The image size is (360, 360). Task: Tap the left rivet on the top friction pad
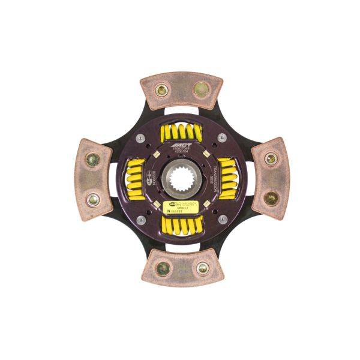(x=160, y=91)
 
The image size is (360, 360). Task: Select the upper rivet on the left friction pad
(x=93, y=160)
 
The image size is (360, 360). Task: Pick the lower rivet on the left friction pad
(x=93, y=200)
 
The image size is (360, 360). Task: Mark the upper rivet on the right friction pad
(x=271, y=159)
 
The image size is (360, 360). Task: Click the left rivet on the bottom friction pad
(x=162, y=268)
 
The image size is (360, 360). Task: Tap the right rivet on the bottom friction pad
(x=202, y=268)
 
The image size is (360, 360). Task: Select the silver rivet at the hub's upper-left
(x=139, y=138)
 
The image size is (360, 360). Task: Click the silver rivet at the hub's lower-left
(x=139, y=220)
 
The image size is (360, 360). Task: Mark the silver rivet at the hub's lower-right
(x=221, y=220)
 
